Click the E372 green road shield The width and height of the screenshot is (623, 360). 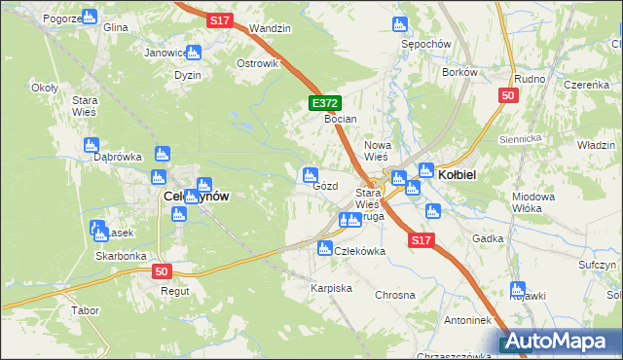324,102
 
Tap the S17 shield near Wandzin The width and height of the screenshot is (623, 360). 220,18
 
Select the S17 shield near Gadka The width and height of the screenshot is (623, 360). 421,239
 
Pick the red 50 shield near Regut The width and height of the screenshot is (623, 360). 162,272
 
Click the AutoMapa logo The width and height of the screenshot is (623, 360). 559,342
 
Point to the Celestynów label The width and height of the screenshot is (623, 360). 197,197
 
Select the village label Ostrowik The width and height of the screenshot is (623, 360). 257,63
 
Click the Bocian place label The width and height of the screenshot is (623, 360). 342,119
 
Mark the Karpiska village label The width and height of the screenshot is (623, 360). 330,289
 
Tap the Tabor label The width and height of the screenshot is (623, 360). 86,311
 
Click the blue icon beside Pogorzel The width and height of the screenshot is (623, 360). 90,17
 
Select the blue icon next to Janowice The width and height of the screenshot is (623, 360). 194,53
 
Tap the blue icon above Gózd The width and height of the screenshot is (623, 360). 310,175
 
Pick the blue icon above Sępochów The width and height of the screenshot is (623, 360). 399,24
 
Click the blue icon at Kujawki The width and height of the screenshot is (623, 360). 517,289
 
